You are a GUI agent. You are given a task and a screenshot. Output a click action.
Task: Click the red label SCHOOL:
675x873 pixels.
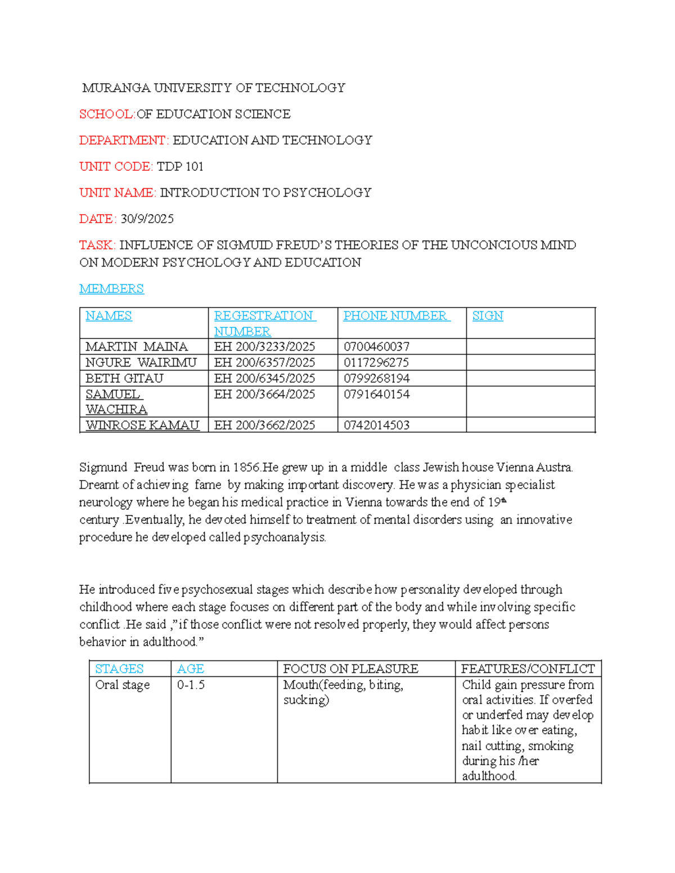tap(107, 114)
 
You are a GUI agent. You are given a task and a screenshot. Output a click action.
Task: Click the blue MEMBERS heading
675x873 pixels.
tap(111, 288)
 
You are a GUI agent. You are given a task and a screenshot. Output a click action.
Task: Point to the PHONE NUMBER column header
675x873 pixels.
tap(396, 316)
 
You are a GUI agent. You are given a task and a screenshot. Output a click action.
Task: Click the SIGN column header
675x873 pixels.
tap(487, 316)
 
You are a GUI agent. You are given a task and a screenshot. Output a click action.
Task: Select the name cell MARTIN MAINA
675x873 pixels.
tap(137, 346)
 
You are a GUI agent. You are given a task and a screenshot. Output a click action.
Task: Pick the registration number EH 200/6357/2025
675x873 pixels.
tap(264, 363)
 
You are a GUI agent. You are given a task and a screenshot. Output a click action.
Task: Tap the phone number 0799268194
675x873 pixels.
tap(376, 378)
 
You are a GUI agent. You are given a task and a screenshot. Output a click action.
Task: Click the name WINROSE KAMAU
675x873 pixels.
tap(142, 425)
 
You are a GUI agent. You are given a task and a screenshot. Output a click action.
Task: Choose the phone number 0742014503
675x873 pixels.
tap(376, 425)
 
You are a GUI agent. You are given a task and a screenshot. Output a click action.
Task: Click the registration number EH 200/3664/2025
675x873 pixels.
tap(264, 394)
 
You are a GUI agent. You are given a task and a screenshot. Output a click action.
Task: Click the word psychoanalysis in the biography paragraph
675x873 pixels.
tap(285, 537)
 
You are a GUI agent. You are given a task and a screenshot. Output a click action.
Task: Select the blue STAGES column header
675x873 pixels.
tap(119, 668)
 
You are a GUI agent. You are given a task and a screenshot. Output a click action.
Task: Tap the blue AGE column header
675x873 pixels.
tap(190, 668)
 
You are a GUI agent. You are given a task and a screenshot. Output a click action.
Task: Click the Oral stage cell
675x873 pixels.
tap(122, 685)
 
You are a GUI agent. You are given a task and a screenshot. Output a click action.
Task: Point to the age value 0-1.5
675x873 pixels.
tap(191, 685)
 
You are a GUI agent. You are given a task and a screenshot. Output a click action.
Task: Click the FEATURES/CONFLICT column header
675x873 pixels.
tap(528, 668)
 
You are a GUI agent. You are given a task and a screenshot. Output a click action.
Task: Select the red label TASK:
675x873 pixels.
tap(97, 245)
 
